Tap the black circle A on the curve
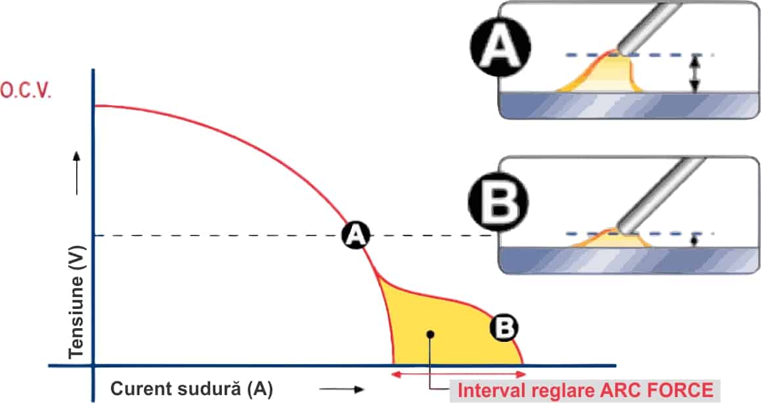coord(355,235)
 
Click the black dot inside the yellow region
coord(429,333)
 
